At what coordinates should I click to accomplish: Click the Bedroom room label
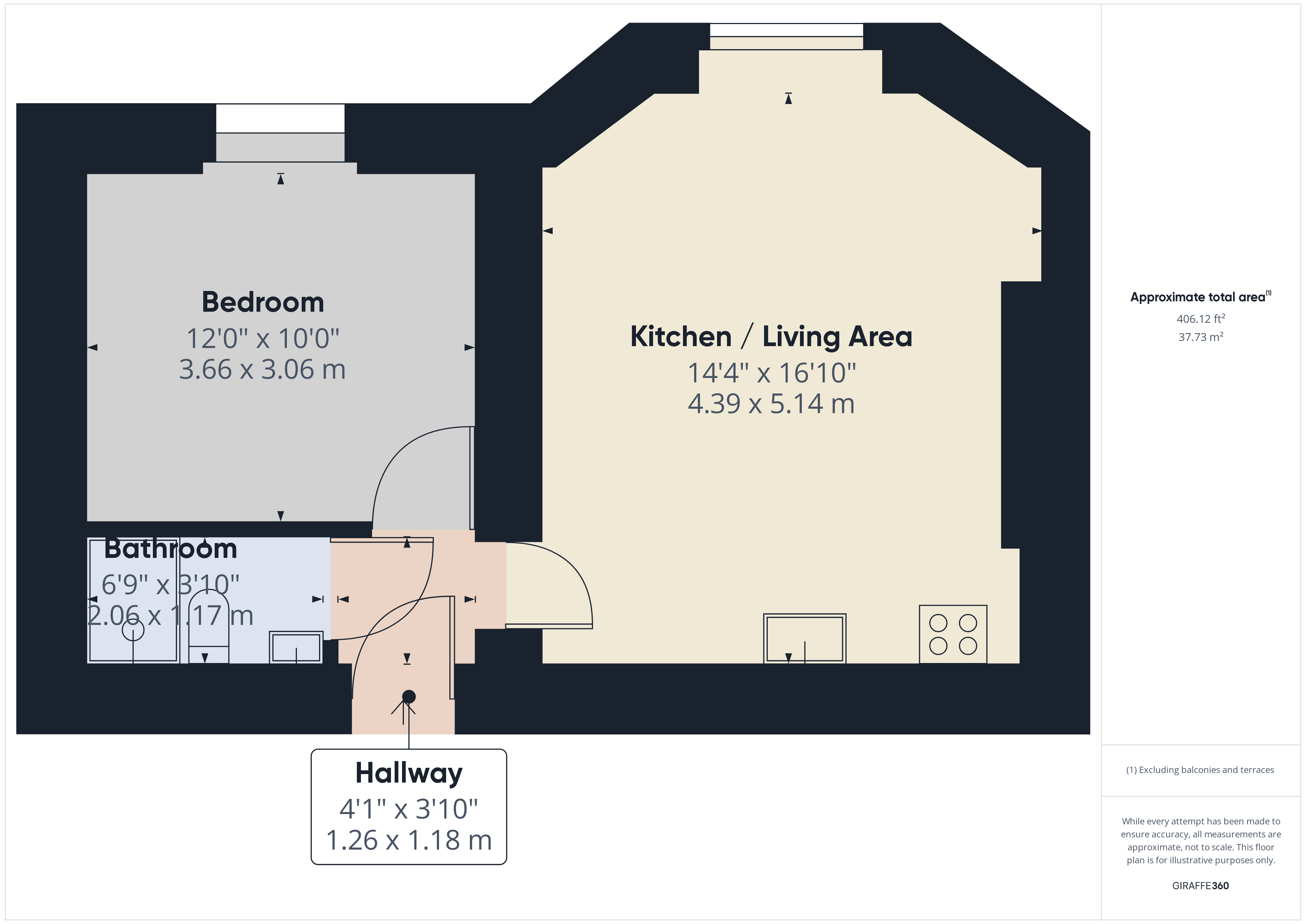(263, 302)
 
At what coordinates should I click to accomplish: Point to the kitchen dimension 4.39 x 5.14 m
(771, 404)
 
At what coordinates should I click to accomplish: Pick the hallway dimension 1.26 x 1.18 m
(408, 840)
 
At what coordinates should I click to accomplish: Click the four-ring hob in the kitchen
(953, 635)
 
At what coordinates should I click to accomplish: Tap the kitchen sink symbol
(804, 638)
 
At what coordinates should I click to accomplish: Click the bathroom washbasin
(296, 647)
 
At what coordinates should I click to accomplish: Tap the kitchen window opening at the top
(786, 30)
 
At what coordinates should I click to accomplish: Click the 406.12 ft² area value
(1200, 319)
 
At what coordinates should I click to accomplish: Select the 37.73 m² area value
(1200, 337)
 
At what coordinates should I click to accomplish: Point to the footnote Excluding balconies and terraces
(1200, 770)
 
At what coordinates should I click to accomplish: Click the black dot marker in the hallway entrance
(408, 696)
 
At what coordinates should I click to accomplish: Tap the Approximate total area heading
(1199, 297)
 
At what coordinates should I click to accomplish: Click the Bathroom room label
(171, 549)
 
